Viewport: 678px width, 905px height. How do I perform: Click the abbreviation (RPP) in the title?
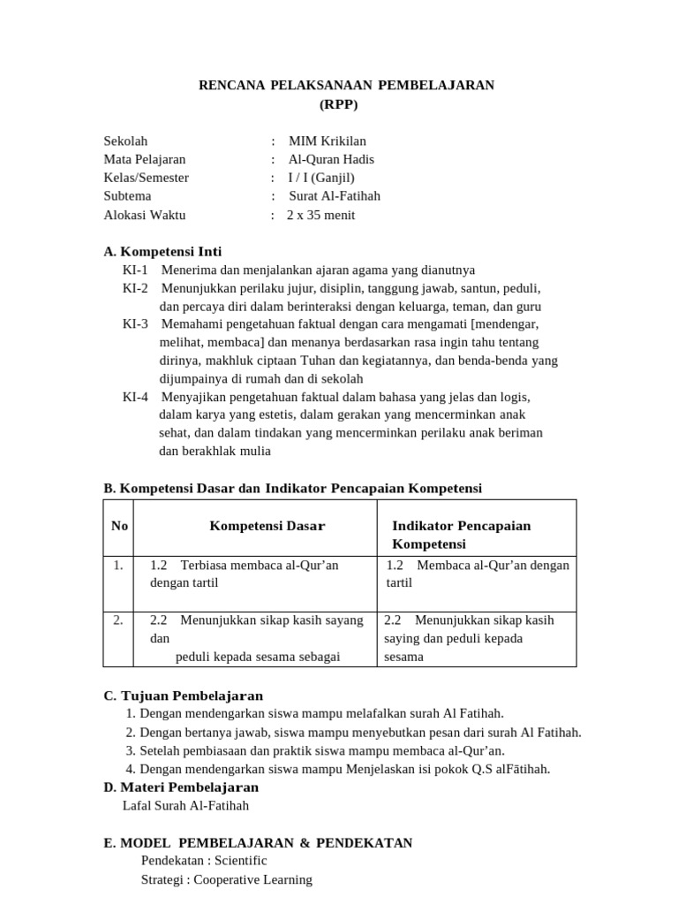339,104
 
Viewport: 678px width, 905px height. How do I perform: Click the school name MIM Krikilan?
327,141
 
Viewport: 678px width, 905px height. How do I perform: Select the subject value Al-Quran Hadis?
331,159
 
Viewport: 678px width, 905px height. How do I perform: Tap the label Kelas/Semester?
146,178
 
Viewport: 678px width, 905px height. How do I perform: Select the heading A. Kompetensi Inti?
162,252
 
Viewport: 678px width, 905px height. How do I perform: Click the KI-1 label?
135,270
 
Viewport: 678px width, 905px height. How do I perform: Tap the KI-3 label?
135,323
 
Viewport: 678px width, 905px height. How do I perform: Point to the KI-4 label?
135,397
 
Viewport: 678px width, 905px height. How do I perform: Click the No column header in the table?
120,526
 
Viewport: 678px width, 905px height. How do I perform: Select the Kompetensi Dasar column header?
267,526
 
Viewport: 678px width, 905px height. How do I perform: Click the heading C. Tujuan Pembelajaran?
183,696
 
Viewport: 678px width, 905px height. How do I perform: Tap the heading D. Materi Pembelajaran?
181,787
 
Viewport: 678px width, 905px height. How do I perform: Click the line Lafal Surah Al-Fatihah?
185,805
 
